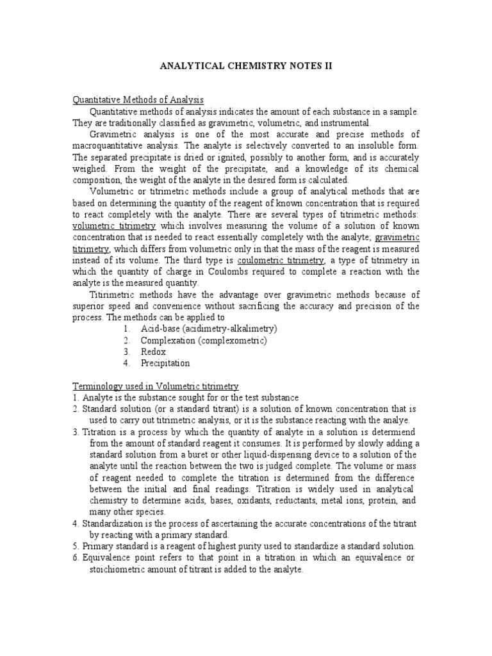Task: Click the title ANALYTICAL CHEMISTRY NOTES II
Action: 246,65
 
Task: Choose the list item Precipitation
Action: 165,363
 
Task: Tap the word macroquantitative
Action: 113,145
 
